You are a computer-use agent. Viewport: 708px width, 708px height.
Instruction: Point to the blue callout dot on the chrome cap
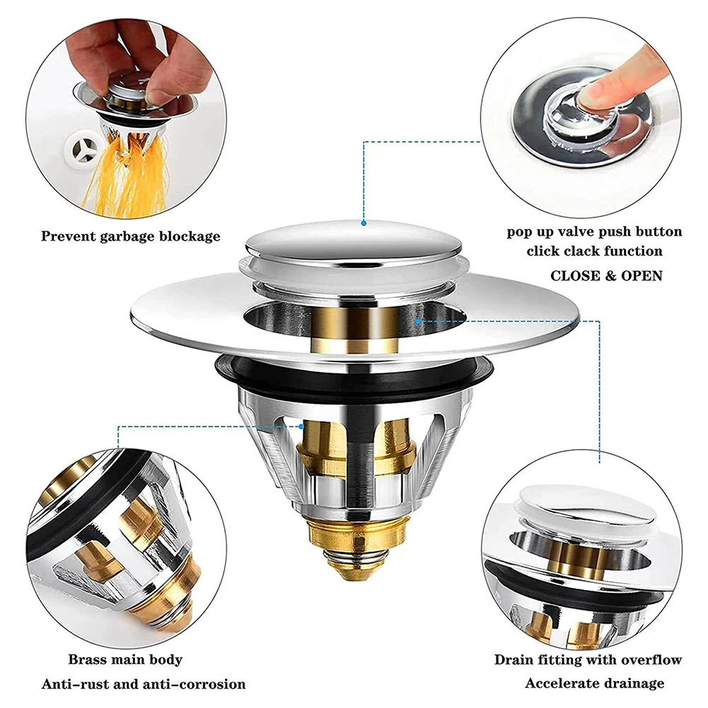(x=363, y=222)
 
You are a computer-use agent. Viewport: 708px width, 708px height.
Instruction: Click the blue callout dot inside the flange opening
(x=419, y=321)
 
